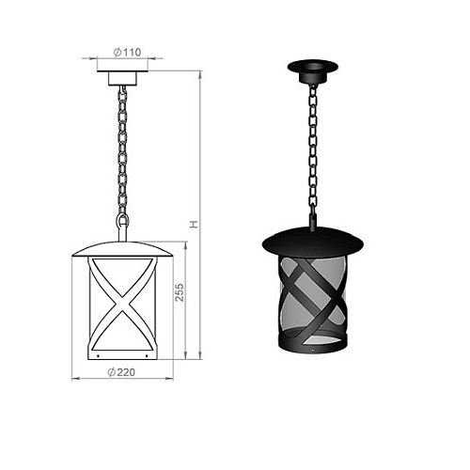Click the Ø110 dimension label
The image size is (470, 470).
[126, 53]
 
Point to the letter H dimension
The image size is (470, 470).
[193, 225]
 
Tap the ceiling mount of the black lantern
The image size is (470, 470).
[312, 69]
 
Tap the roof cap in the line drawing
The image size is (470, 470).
[122, 247]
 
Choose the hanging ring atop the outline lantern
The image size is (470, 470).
[121, 222]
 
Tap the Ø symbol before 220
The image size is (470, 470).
[111, 371]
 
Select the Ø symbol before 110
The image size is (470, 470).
[115, 53]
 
